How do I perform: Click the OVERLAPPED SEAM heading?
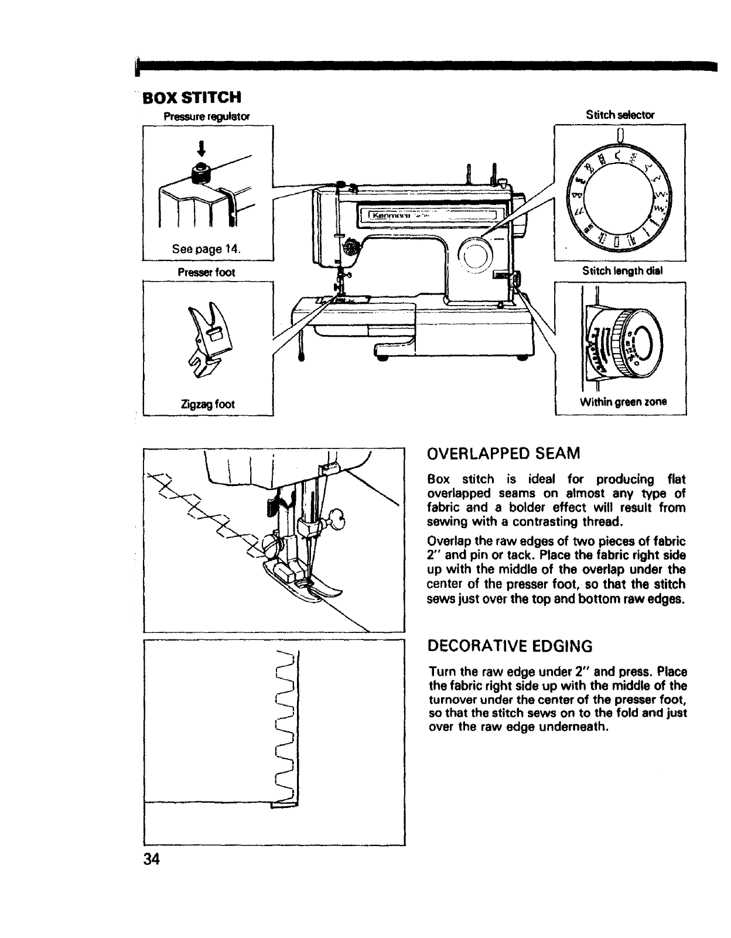point(504,453)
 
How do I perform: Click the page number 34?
point(151,860)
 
